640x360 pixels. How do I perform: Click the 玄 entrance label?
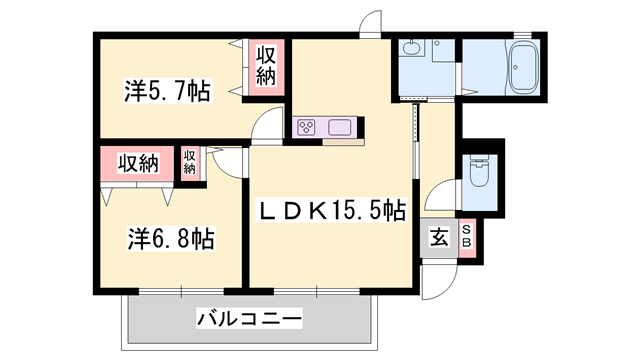coord(438,238)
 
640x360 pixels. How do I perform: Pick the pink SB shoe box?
coord(466,239)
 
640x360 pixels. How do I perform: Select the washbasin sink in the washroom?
coord(411,50)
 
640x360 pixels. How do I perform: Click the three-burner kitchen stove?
coord(306,127)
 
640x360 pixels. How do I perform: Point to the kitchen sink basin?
coord(338,127)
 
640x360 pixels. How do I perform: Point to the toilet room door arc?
coord(440,194)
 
